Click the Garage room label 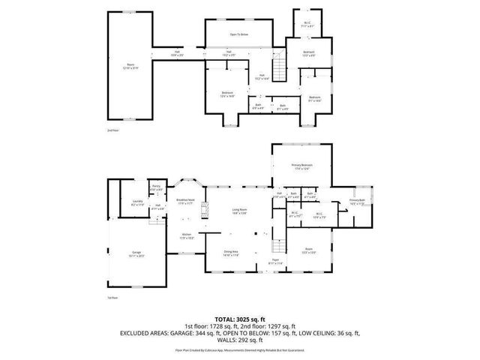(x=137, y=253)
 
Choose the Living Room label (x=238, y=212)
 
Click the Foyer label (x=276, y=261)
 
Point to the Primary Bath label (x=357, y=200)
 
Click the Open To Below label (x=239, y=34)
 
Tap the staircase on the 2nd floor (x=279, y=70)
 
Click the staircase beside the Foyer (x=277, y=244)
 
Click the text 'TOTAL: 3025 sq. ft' (x=239, y=318)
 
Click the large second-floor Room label (x=130, y=66)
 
